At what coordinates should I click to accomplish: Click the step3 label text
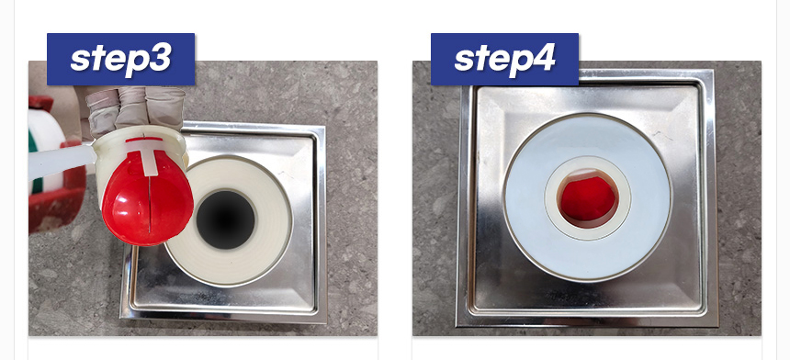pos(121,60)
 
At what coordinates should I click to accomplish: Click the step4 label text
pos(505,60)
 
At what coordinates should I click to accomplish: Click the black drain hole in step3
pos(226,219)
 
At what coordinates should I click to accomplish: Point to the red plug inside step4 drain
pos(589,198)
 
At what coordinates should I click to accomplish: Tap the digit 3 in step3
pos(160,58)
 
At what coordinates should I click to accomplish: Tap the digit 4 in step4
pos(543,58)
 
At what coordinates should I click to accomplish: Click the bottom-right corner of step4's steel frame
pos(718,326)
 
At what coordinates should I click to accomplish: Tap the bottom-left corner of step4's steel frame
pos(457,326)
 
